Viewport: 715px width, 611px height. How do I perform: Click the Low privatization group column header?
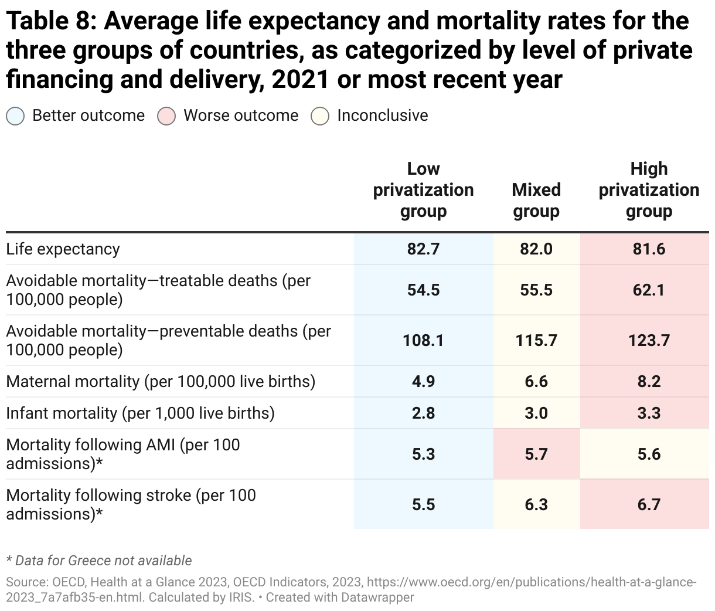(x=423, y=190)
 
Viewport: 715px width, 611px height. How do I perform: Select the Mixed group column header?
(x=536, y=201)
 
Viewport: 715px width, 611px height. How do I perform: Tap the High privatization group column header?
(x=649, y=190)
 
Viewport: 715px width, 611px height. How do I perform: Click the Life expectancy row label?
(x=63, y=249)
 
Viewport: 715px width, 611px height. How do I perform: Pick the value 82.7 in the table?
(x=423, y=249)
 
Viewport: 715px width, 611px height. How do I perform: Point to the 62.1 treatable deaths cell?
(x=649, y=290)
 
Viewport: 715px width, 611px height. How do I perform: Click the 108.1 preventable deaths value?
(x=423, y=341)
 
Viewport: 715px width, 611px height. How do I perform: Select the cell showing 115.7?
(x=536, y=341)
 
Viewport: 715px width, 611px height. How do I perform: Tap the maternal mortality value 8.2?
(x=649, y=382)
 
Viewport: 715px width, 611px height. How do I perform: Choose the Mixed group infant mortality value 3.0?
(x=536, y=413)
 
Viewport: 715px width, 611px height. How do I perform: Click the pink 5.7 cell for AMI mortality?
(x=536, y=454)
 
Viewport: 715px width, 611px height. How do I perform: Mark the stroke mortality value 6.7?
(x=649, y=505)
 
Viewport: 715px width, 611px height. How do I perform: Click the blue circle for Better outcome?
(x=15, y=116)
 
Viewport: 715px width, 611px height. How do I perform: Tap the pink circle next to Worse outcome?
(x=166, y=116)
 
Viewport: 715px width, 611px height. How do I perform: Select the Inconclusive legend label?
(x=382, y=116)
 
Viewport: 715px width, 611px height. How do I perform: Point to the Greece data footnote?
(x=98, y=561)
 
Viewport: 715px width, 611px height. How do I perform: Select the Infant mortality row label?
(x=140, y=413)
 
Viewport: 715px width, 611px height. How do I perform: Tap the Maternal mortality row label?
(x=161, y=382)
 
